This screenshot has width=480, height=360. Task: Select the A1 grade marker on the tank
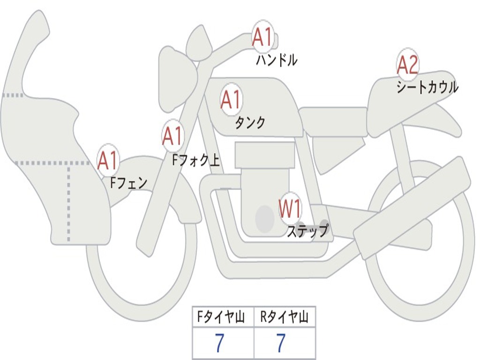[x=231, y=100]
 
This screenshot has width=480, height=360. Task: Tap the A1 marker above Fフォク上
[x=172, y=136]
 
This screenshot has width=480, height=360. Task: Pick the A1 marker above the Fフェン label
[x=108, y=161]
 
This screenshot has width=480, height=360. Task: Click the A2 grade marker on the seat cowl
[x=407, y=65]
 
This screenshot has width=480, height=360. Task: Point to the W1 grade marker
[x=290, y=209]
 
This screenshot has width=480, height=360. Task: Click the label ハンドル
[x=277, y=60]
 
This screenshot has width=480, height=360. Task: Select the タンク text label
[x=250, y=123]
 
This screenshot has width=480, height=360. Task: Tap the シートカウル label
[x=427, y=87]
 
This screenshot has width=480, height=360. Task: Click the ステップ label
[x=307, y=231]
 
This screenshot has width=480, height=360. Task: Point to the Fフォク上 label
[x=195, y=161]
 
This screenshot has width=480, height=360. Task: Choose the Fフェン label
[x=128, y=182]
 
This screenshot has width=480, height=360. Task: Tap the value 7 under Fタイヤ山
[x=219, y=344]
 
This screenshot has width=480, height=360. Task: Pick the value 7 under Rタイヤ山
[x=280, y=344]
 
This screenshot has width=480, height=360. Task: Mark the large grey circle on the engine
[x=264, y=218]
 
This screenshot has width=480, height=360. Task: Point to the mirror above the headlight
[x=199, y=44]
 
